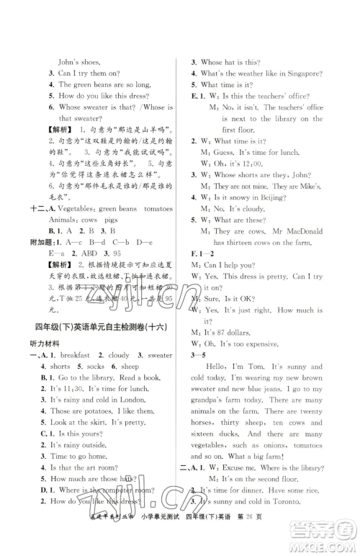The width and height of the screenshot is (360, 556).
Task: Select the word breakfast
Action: tap(81, 356)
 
